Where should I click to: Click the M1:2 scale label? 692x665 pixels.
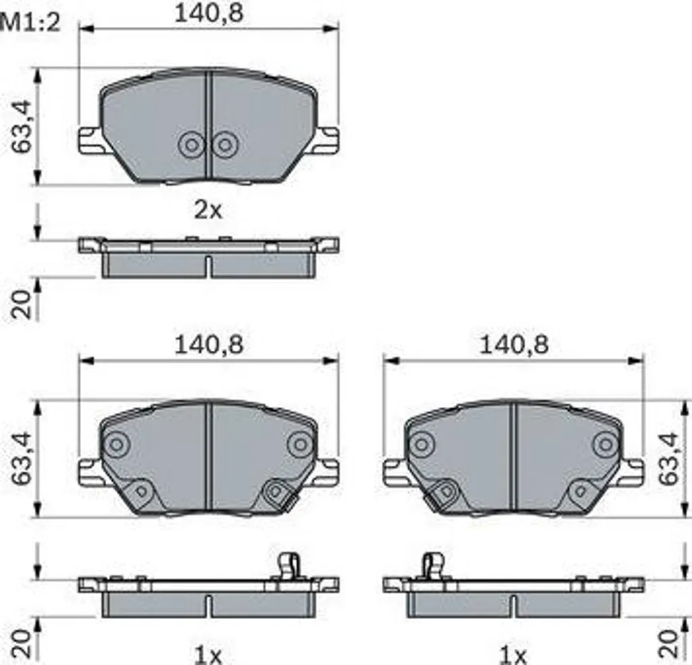click(x=30, y=23)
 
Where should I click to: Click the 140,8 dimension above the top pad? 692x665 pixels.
click(x=209, y=14)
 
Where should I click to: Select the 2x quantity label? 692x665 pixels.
click(x=208, y=210)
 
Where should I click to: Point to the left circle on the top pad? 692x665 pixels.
click(x=191, y=145)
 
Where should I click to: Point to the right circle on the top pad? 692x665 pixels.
click(x=225, y=145)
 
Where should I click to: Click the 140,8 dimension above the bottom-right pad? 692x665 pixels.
click(x=514, y=345)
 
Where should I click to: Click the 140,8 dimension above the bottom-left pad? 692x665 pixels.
click(x=209, y=345)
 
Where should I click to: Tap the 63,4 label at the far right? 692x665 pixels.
click(x=668, y=459)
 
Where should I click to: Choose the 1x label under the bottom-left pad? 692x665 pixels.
click(x=208, y=656)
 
